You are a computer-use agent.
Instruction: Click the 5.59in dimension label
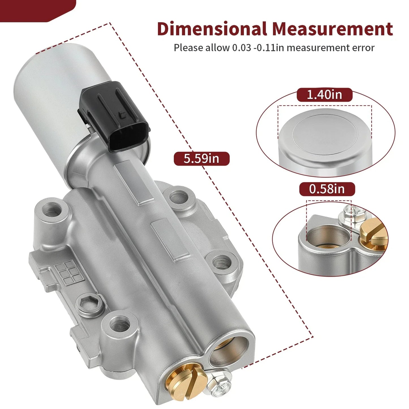[x=202, y=159]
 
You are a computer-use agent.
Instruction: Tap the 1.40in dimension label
[x=325, y=95]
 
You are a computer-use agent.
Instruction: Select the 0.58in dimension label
[x=327, y=189]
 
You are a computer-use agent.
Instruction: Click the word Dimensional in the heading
[x=212, y=29]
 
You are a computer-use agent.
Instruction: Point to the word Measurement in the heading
[x=333, y=29]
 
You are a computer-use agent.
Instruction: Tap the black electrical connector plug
[x=115, y=116]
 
